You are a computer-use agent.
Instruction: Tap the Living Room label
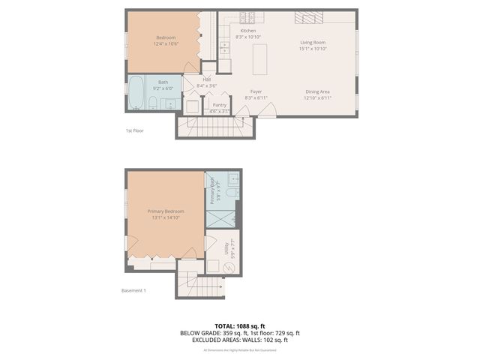pos(313,43)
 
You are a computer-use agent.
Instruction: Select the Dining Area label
pos(317,91)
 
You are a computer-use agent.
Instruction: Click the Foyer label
pos(256,91)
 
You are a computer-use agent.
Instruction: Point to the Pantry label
pos(220,105)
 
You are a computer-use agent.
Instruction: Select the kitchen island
pos(261,58)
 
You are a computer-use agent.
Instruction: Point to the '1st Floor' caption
pos(134,130)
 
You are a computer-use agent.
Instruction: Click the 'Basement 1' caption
pos(133,291)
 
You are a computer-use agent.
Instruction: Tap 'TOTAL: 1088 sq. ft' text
pos(240,326)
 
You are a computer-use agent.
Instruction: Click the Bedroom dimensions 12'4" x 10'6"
pos(166,43)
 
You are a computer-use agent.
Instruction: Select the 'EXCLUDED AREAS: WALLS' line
pos(240,340)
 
